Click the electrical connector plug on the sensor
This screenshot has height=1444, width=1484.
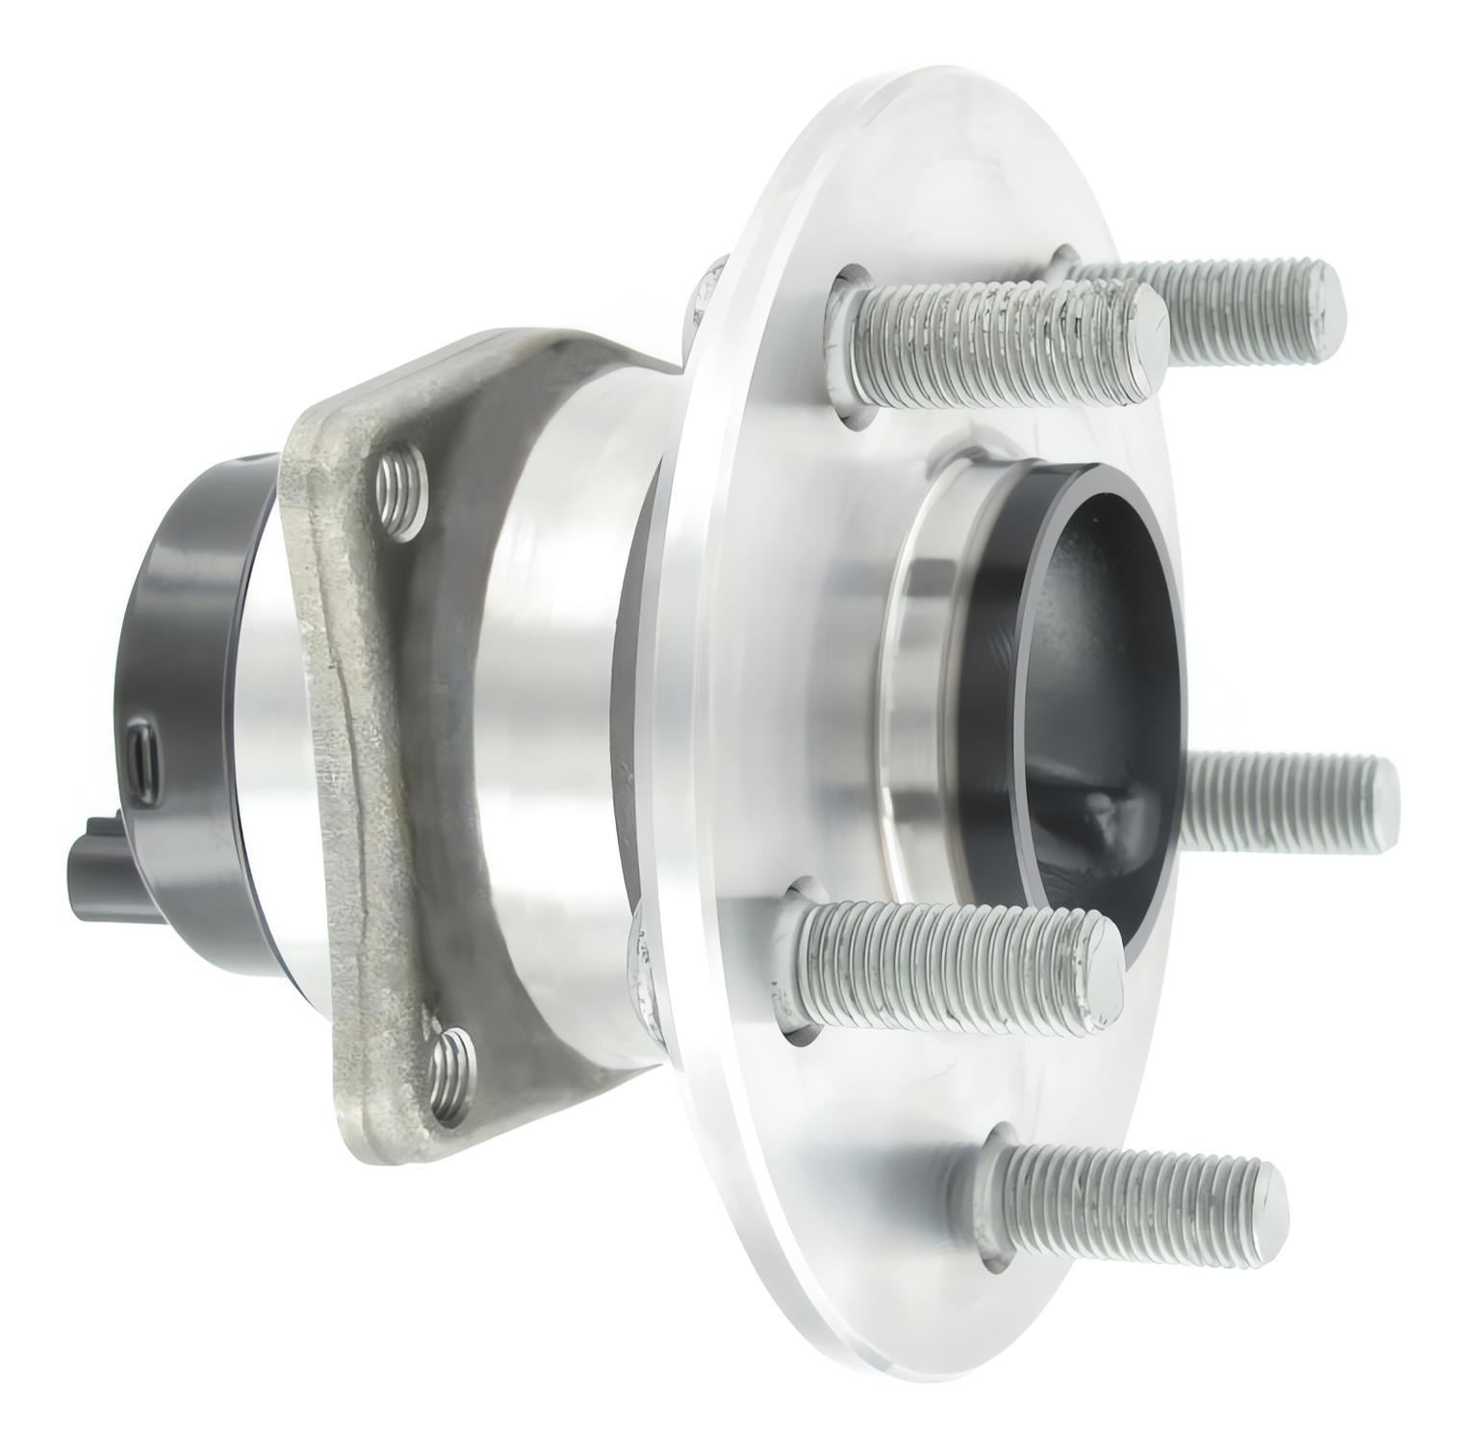click(97, 856)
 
